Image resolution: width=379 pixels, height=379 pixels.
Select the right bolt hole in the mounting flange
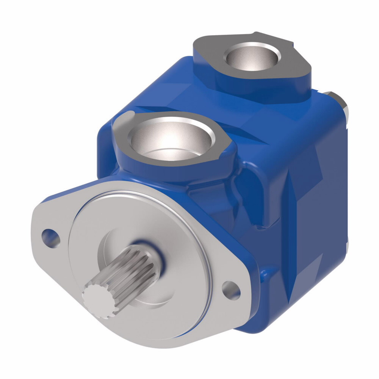coord(231,290)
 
